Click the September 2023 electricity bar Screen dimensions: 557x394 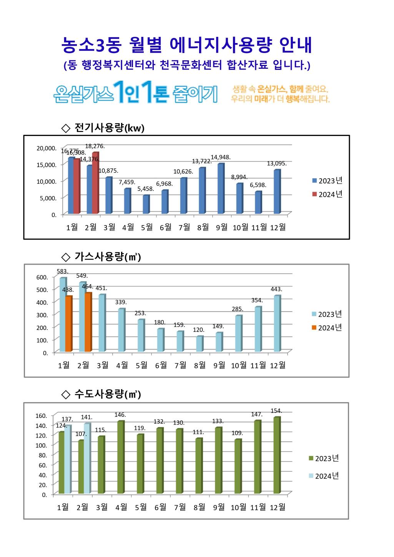click(x=221, y=189)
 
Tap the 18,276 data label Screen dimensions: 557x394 click(x=95, y=146)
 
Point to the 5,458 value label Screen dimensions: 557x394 click(x=146, y=189)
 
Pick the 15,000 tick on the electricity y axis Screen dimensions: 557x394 click(x=47, y=165)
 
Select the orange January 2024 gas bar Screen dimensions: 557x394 click(x=68, y=323)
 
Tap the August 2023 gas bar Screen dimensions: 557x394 click(x=199, y=344)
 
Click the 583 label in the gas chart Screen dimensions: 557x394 click(x=63, y=271)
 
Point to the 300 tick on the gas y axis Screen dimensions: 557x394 click(x=42, y=315)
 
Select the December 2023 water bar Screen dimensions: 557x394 click(x=277, y=455)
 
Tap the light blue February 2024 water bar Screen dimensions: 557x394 click(x=87, y=458)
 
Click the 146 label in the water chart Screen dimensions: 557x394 click(x=120, y=415)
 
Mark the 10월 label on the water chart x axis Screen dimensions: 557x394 click(x=238, y=507)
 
